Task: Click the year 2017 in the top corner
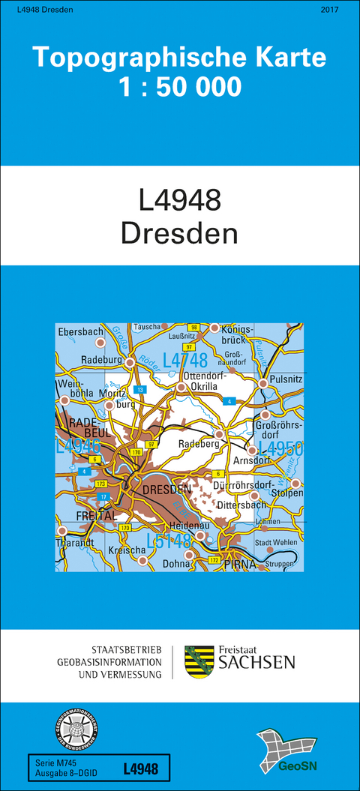(x=328, y=9)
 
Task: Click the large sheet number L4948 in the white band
(x=180, y=200)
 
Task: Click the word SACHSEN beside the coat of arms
(x=256, y=662)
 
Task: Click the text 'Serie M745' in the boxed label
(x=54, y=762)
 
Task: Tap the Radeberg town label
(x=197, y=445)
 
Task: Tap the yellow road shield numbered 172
(x=214, y=559)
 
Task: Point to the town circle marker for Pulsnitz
(x=263, y=383)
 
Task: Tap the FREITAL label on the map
(x=95, y=517)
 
